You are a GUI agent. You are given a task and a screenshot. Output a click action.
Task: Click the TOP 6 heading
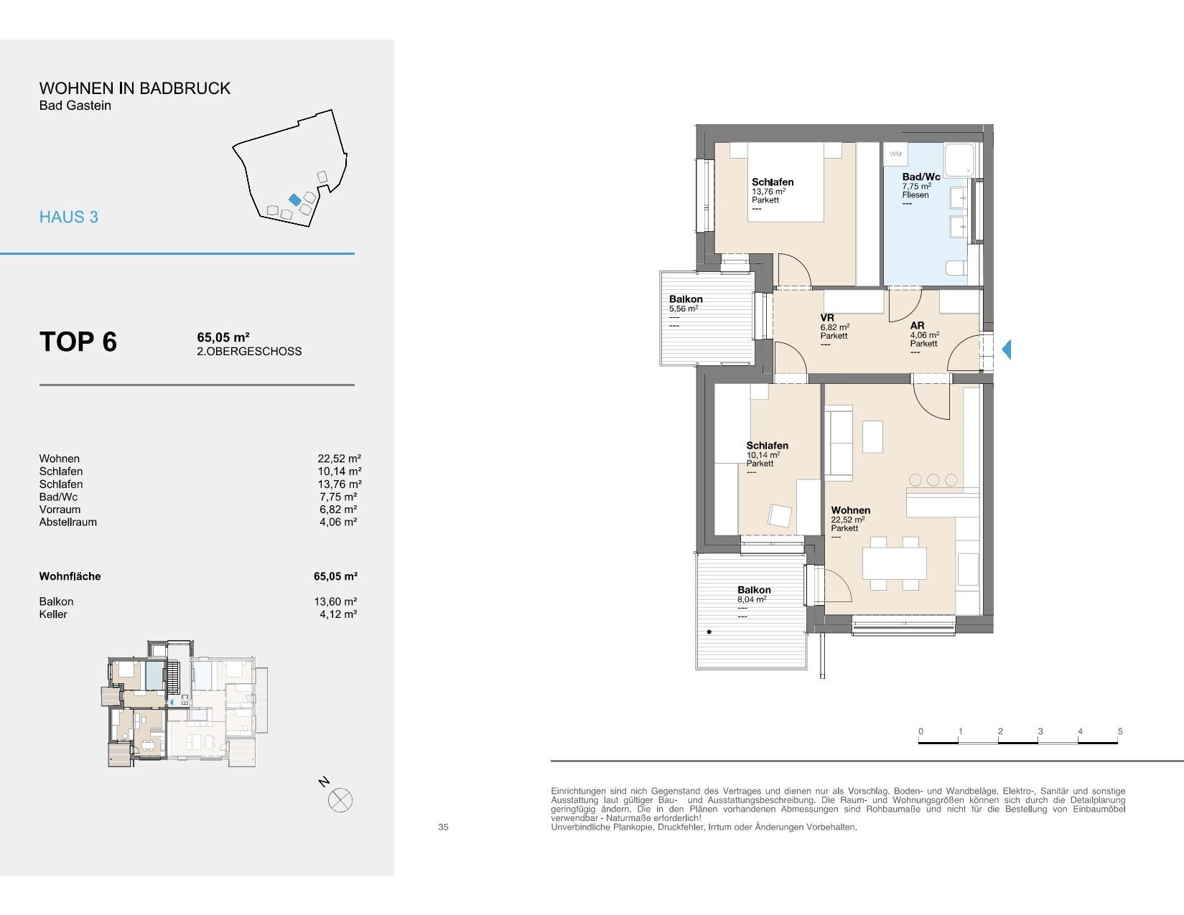click(x=78, y=342)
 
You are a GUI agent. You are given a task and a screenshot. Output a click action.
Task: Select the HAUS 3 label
click(x=69, y=217)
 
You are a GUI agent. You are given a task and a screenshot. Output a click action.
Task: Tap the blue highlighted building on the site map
click(x=295, y=200)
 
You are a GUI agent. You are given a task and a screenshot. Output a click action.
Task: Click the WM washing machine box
click(x=895, y=154)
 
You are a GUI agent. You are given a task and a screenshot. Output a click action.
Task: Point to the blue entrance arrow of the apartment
click(x=1007, y=349)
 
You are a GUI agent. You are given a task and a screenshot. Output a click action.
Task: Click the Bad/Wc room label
click(x=920, y=177)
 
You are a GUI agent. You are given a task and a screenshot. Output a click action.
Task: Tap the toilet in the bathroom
click(x=957, y=268)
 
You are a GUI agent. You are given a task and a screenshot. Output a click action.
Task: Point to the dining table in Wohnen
click(x=894, y=563)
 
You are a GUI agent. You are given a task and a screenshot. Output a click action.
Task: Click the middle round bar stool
click(x=933, y=480)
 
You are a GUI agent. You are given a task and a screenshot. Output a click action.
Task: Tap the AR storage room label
click(x=917, y=326)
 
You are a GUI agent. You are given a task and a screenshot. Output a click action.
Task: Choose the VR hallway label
click(x=827, y=318)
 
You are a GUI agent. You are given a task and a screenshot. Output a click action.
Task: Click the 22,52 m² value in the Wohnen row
click(x=340, y=459)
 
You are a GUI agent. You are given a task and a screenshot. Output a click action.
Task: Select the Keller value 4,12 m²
click(x=338, y=614)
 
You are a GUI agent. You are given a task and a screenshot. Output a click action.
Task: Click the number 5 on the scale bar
click(x=1120, y=731)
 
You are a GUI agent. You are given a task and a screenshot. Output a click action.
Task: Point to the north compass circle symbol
click(x=340, y=801)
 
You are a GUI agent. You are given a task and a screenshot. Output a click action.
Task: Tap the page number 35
click(x=444, y=827)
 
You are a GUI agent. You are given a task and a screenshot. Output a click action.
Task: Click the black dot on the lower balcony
click(x=709, y=632)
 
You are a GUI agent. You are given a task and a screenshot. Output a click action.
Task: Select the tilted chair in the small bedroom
click(x=780, y=515)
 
